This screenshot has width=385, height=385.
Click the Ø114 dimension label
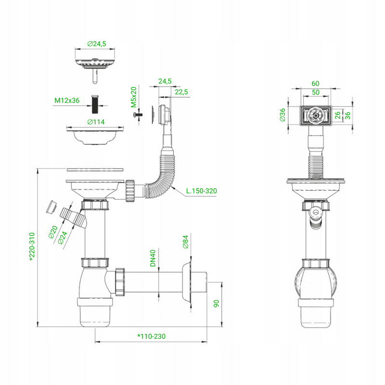(96, 122)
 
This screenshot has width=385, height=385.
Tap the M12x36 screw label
(67, 101)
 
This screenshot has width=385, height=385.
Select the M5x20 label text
(134, 97)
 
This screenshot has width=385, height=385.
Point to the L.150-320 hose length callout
(201, 191)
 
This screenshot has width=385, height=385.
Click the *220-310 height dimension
(32, 247)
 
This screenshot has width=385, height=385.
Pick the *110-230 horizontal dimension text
(151, 336)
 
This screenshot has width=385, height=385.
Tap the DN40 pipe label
(153, 258)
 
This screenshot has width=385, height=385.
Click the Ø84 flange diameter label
(186, 242)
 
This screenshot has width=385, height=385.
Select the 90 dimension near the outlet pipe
(216, 304)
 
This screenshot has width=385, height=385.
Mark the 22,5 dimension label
(181, 92)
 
